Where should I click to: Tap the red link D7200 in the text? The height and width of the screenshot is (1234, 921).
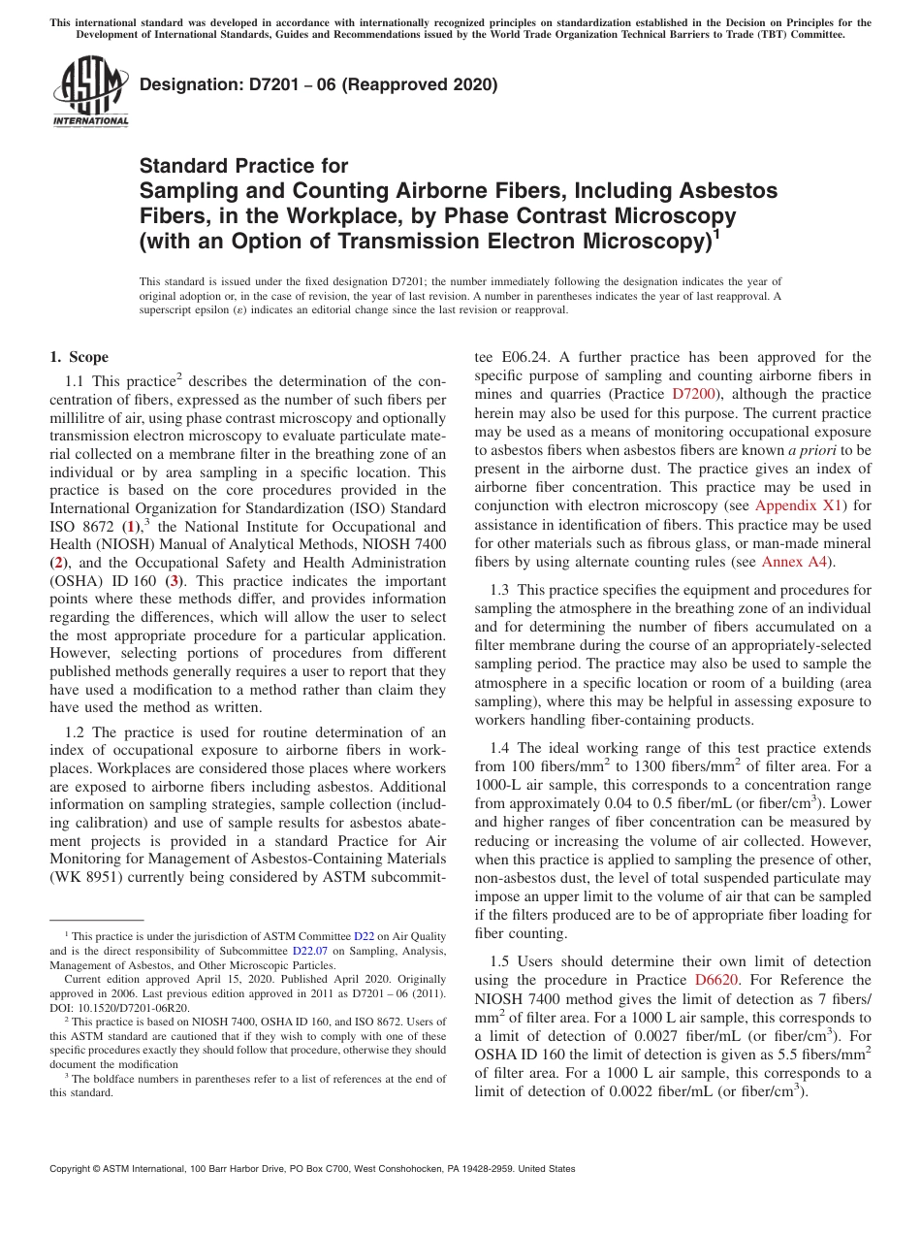(695, 394)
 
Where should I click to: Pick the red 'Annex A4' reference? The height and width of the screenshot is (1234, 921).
(795, 561)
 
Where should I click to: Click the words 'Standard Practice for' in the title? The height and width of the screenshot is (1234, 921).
(243, 165)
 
